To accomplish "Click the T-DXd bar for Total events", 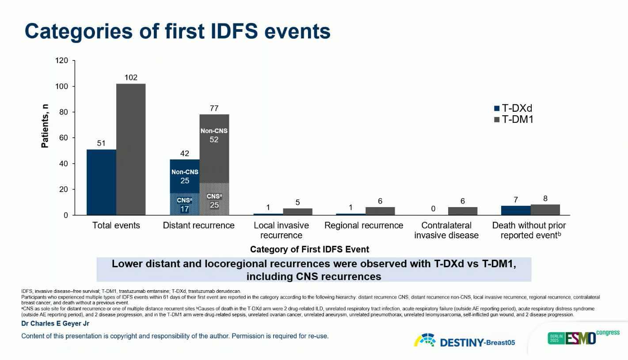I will click(x=101, y=182).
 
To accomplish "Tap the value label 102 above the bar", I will click(x=131, y=78).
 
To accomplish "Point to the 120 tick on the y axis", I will click(x=62, y=61).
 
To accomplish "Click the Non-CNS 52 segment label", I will click(x=214, y=135).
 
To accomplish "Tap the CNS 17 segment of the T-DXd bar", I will click(x=185, y=204).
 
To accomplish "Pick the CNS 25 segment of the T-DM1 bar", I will click(x=214, y=199).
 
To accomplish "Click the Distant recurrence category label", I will click(x=199, y=225).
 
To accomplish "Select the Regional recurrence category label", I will click(x=364, y=225).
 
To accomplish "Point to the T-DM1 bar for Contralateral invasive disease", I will click(x=463, y=211).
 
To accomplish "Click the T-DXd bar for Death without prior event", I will click(x=516, y=210).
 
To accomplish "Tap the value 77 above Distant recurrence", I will click(x=214, y=108).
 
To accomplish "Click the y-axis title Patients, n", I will click(x=45, y=126).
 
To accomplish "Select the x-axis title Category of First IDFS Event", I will click(x=309, y=250).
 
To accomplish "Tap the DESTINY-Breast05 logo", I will click(x=464, y=341).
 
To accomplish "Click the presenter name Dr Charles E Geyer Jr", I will click(x=55, y=324).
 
